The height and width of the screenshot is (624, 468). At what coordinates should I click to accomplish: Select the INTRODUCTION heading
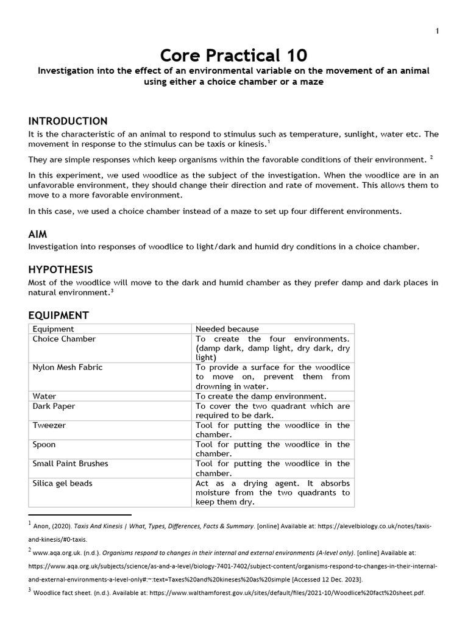[x=68, y=121]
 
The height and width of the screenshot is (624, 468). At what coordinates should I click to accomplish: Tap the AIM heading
[x=38, y=234]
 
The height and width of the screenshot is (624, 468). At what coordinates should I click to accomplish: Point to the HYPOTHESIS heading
[x=60, y=269]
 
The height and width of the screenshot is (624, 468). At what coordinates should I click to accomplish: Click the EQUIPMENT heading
[x=58, y=315]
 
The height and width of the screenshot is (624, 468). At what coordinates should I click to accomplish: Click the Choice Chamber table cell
[x=64, y=339]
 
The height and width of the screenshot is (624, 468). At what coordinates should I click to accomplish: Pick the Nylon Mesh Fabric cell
[x=67, y=367]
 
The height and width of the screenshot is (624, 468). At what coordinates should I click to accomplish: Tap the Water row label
[x=44, y=396]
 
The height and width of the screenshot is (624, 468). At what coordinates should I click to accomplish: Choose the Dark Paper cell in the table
[x=54, y=406]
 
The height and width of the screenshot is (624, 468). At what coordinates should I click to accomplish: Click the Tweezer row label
[x=49, y=425]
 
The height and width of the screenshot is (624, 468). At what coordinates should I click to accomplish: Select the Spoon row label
[x=45, y=444]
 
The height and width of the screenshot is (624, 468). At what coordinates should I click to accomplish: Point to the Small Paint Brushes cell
[x=70, y=464]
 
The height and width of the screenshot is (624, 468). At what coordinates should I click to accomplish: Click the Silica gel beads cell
[x=62, y=483]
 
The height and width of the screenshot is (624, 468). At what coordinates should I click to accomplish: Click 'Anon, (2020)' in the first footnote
[x=55, y=526]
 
